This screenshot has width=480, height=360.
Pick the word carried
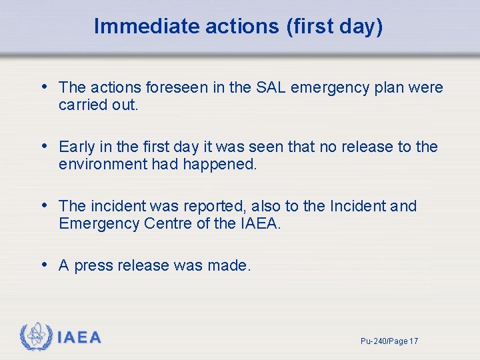tap(80, 105)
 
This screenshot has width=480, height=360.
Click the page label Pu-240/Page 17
tap(389, 341)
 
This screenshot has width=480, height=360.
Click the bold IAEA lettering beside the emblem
tap(79, 338)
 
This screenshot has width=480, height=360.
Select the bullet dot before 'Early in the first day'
tap(45, 146)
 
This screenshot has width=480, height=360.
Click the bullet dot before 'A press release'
tap(45, 265)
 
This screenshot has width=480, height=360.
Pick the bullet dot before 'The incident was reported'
tap(45, 205)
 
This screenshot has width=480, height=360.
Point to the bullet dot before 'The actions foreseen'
tap(45, 87)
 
